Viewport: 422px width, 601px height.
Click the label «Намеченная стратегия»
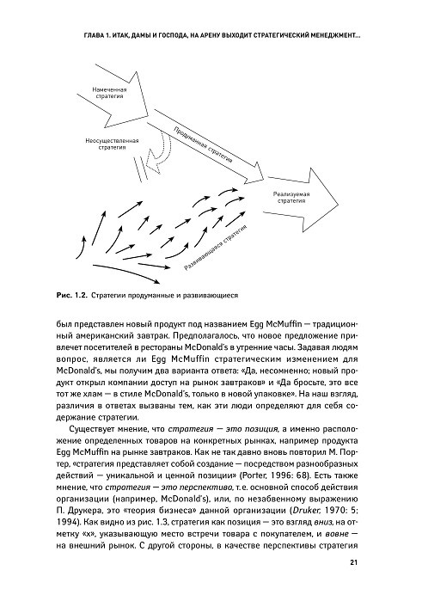click(x=109, y=93)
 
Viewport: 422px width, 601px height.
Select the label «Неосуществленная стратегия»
click(x=112, y=144)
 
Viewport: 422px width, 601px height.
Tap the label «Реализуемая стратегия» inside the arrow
click(x=291, y=197)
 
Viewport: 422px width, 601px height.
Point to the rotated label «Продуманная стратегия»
click(x=203, y=144)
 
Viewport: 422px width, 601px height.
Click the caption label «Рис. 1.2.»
click(x=72, y=295)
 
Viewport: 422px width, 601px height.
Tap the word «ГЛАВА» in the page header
click(x=93, y=36)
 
